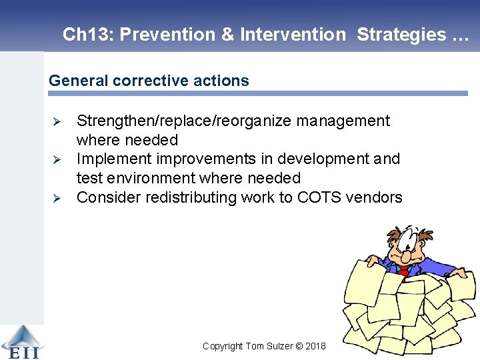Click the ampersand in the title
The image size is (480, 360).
click(x=227, y=35)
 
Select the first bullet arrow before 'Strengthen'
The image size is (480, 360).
click(x=57, y=122)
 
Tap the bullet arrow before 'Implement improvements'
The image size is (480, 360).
click(x=57, y=160)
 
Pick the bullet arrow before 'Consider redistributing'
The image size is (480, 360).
click(x=57, y=198)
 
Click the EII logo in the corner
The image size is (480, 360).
click(x=21, y=342)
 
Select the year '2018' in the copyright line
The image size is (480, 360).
click(x=316, y=346)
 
